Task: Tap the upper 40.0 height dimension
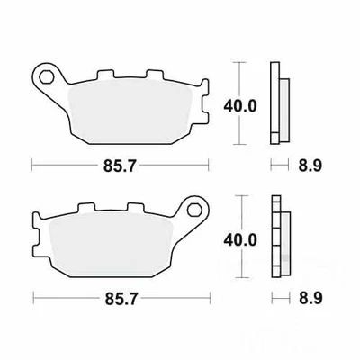tap(240, 105)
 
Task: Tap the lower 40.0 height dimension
tap(240, 240)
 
